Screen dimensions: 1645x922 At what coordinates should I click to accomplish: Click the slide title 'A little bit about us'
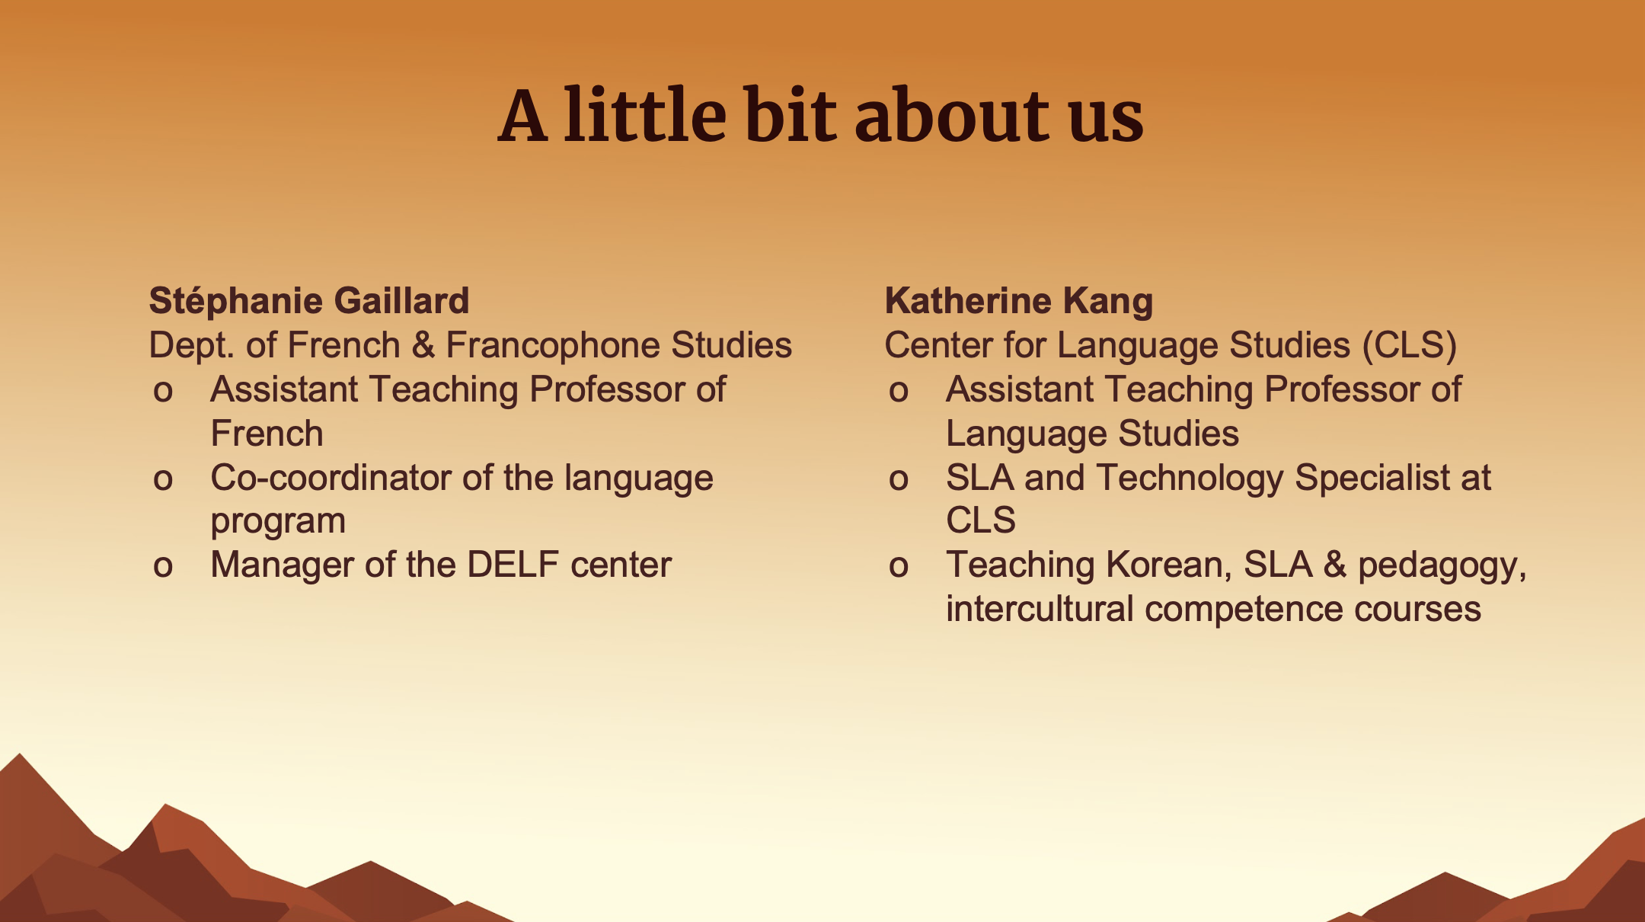tap(820, 115)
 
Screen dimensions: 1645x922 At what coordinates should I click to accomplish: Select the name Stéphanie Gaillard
tap(309, 300)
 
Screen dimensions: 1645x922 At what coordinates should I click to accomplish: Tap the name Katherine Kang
tap(1019, 302)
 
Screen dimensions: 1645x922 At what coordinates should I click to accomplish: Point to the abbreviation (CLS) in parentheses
tap(1410, 345)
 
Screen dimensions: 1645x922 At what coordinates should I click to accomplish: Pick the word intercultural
tap(1040, 609)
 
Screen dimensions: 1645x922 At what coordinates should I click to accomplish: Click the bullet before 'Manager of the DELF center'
tap(163, 567)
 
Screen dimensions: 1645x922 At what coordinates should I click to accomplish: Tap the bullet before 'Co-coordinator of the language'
tap(163, 480)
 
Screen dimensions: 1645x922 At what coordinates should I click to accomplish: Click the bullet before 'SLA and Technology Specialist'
tap(899, 480)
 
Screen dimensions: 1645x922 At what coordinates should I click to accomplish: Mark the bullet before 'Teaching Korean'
tap(899, 567)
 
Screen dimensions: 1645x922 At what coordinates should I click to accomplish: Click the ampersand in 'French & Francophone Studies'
tap(423, 345)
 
